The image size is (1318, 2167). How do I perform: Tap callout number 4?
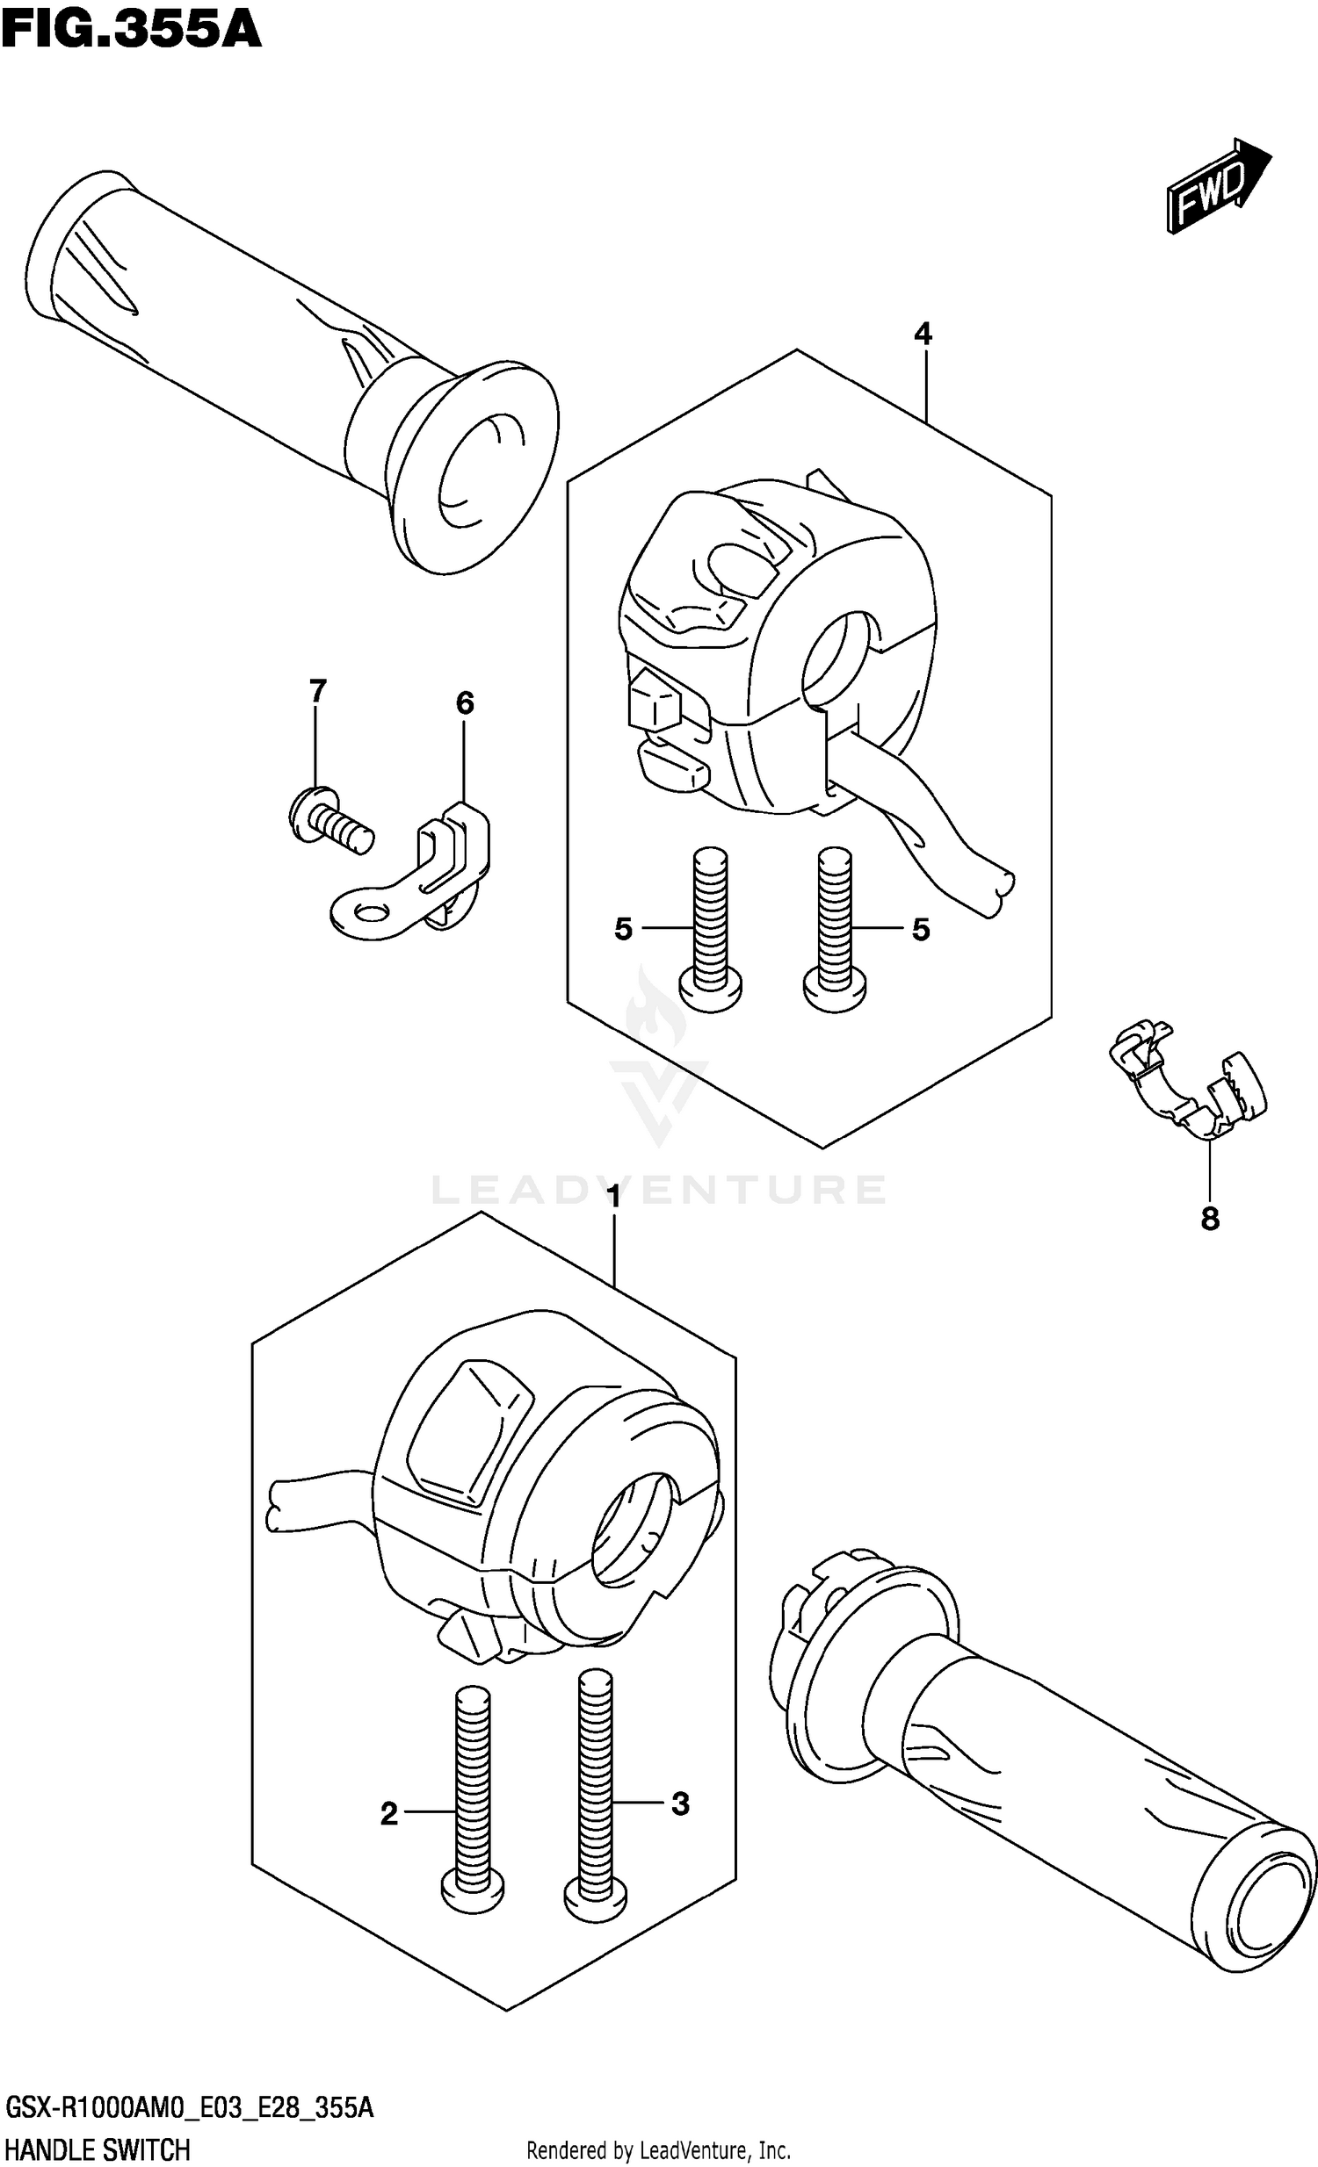tap(922, 335)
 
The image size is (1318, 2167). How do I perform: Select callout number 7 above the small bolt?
tap(316, 690)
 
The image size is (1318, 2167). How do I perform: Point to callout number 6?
tap(465, 702)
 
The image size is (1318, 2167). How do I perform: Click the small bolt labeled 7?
tap(330, 818)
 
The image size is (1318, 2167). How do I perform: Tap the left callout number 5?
tap(623, 929)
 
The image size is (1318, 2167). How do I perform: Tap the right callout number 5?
tap(920, 929)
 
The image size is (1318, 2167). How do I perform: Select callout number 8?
tap(1210, 1219)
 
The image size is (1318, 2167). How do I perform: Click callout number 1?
tap(613, 1198)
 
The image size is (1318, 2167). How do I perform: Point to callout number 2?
tap(389, 1813)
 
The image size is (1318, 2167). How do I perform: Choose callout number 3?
tap(680, 1803)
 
